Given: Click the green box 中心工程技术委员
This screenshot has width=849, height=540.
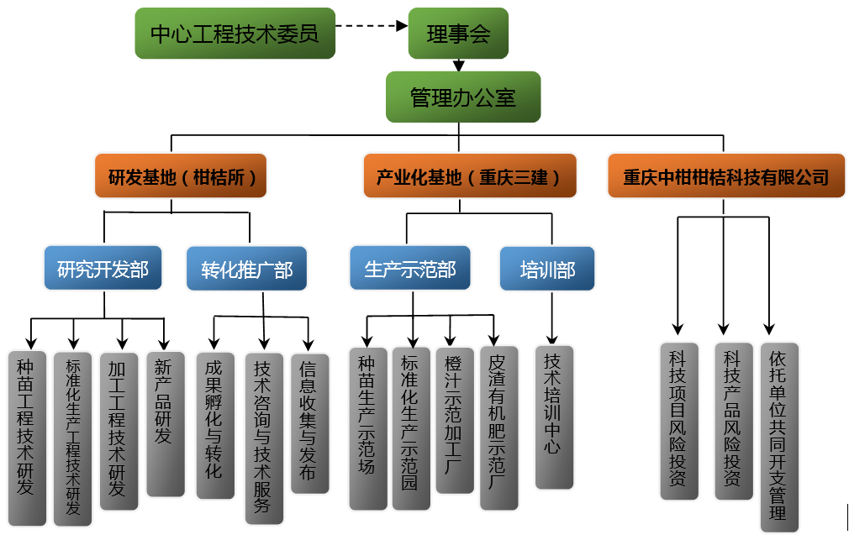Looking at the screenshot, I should pos(235,34).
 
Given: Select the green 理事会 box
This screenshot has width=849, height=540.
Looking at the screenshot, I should pos(458,34).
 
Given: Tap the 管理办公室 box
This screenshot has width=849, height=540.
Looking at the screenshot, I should pos(462,97).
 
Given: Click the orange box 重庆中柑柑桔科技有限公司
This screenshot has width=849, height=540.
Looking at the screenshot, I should pos(725,176).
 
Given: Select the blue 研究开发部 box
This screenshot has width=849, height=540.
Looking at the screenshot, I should pos(103,270).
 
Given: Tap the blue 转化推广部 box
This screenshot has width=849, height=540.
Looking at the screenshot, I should pos(247,270).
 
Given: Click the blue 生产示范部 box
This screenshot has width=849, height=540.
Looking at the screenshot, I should pos(410,270).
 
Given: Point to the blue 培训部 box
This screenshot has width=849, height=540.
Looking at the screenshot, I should pos(547,270).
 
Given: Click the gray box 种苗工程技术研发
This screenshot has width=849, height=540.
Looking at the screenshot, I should pos(26,438).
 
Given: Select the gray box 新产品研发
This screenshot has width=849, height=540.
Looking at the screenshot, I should pos(165,423).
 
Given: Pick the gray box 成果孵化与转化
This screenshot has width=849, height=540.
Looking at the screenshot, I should pos(214,425).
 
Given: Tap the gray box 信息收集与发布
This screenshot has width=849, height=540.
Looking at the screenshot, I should pos(309,423).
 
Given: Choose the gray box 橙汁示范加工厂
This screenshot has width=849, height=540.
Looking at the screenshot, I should pos(455,420).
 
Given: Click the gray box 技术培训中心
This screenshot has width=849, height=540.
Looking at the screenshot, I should pos(554,417).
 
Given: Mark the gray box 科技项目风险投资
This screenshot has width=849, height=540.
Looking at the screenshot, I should pos(678,420).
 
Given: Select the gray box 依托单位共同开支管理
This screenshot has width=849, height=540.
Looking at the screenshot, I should pos(778,436).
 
